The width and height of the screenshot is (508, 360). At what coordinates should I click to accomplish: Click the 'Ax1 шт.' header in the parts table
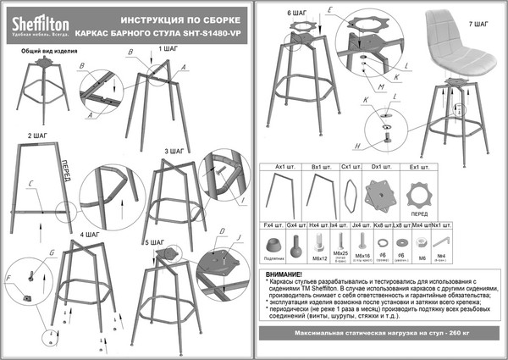(273, 167)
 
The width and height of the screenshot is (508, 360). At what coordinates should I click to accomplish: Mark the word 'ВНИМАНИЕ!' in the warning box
(283, 275)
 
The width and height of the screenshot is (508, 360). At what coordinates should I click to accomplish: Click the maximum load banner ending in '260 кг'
(379, 337)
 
